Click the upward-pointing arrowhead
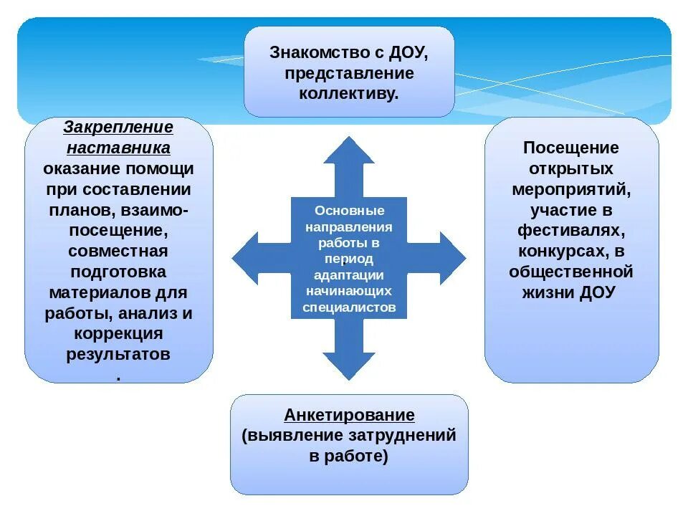(348, 152)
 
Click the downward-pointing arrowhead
(348, 365)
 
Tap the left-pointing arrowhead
(247, 258)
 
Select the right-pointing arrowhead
(449, 258)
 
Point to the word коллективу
(349, 94)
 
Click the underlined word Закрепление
(118, 128)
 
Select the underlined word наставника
(118, 148)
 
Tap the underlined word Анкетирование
(349, 415)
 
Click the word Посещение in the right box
(571, 148)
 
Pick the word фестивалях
(571, 231)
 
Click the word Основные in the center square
(349, 211)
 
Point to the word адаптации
(349, 275)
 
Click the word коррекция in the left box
(118, 334)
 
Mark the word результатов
(118, 355)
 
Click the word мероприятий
(571, 190)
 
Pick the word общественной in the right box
(571, 273)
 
